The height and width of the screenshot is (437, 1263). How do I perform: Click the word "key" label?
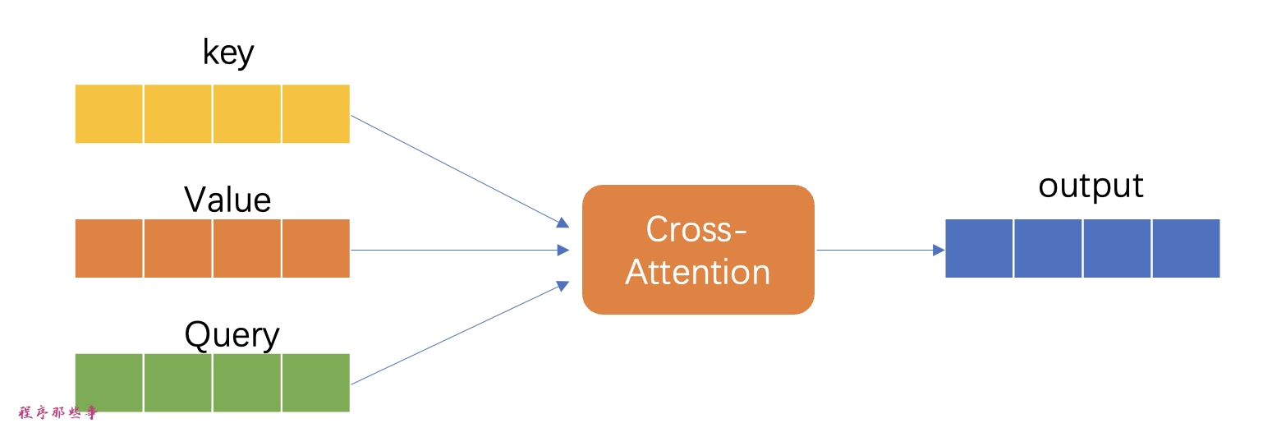tap(228, 54)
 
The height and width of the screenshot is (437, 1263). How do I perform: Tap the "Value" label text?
tap(227, 200)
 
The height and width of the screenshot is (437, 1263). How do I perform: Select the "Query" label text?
tap(232, 335)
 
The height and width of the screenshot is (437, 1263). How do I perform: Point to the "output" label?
tap(1091, 186)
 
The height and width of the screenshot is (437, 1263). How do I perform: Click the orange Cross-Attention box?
tap(698, 250)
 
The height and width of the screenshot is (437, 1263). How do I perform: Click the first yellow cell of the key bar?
tap(109, 113)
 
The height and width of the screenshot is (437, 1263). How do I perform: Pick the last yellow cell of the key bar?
tap(316, 113)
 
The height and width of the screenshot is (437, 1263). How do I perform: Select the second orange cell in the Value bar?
tap(178, 249)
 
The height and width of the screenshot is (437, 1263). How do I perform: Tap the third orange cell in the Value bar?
tap(247, 249)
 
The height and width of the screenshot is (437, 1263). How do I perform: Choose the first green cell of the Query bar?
tap(109, 383)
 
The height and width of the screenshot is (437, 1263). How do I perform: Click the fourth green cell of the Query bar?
tap(316, 383)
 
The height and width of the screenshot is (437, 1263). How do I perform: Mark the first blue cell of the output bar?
tap(979, 249)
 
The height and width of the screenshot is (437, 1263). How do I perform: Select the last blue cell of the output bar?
tap(1187, 249)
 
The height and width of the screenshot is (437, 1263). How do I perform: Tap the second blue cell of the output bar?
tap(1048, 249)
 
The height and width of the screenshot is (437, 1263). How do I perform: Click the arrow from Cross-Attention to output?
tap(879, 250)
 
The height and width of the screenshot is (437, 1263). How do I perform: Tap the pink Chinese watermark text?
tap(57, 413)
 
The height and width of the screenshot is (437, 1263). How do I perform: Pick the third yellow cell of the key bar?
tap(247, 113)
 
